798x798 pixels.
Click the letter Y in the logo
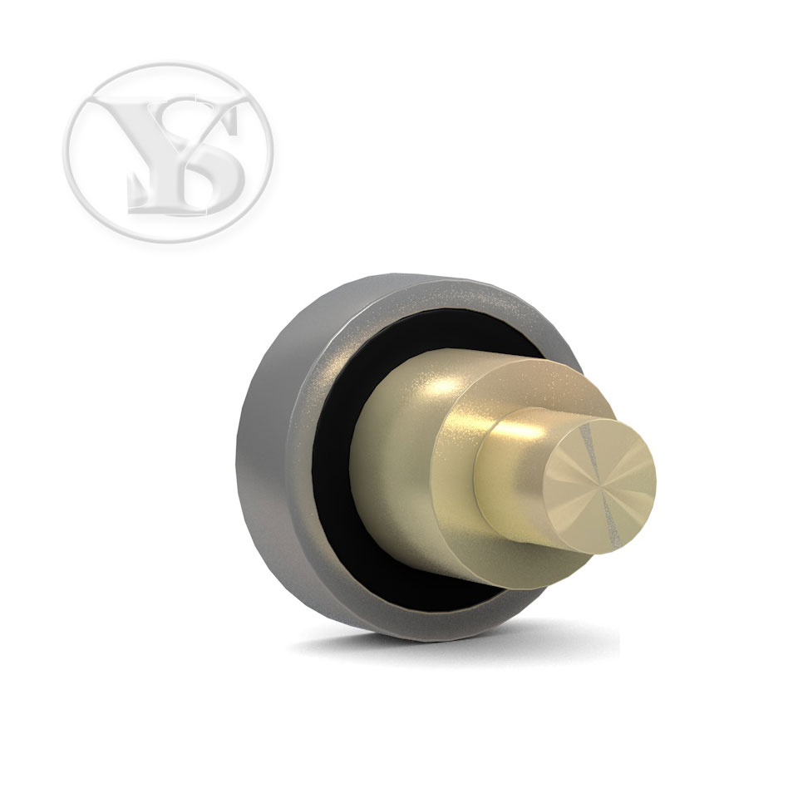(x=153, y=148)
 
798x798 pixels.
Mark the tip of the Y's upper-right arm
(x=245, y=101)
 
